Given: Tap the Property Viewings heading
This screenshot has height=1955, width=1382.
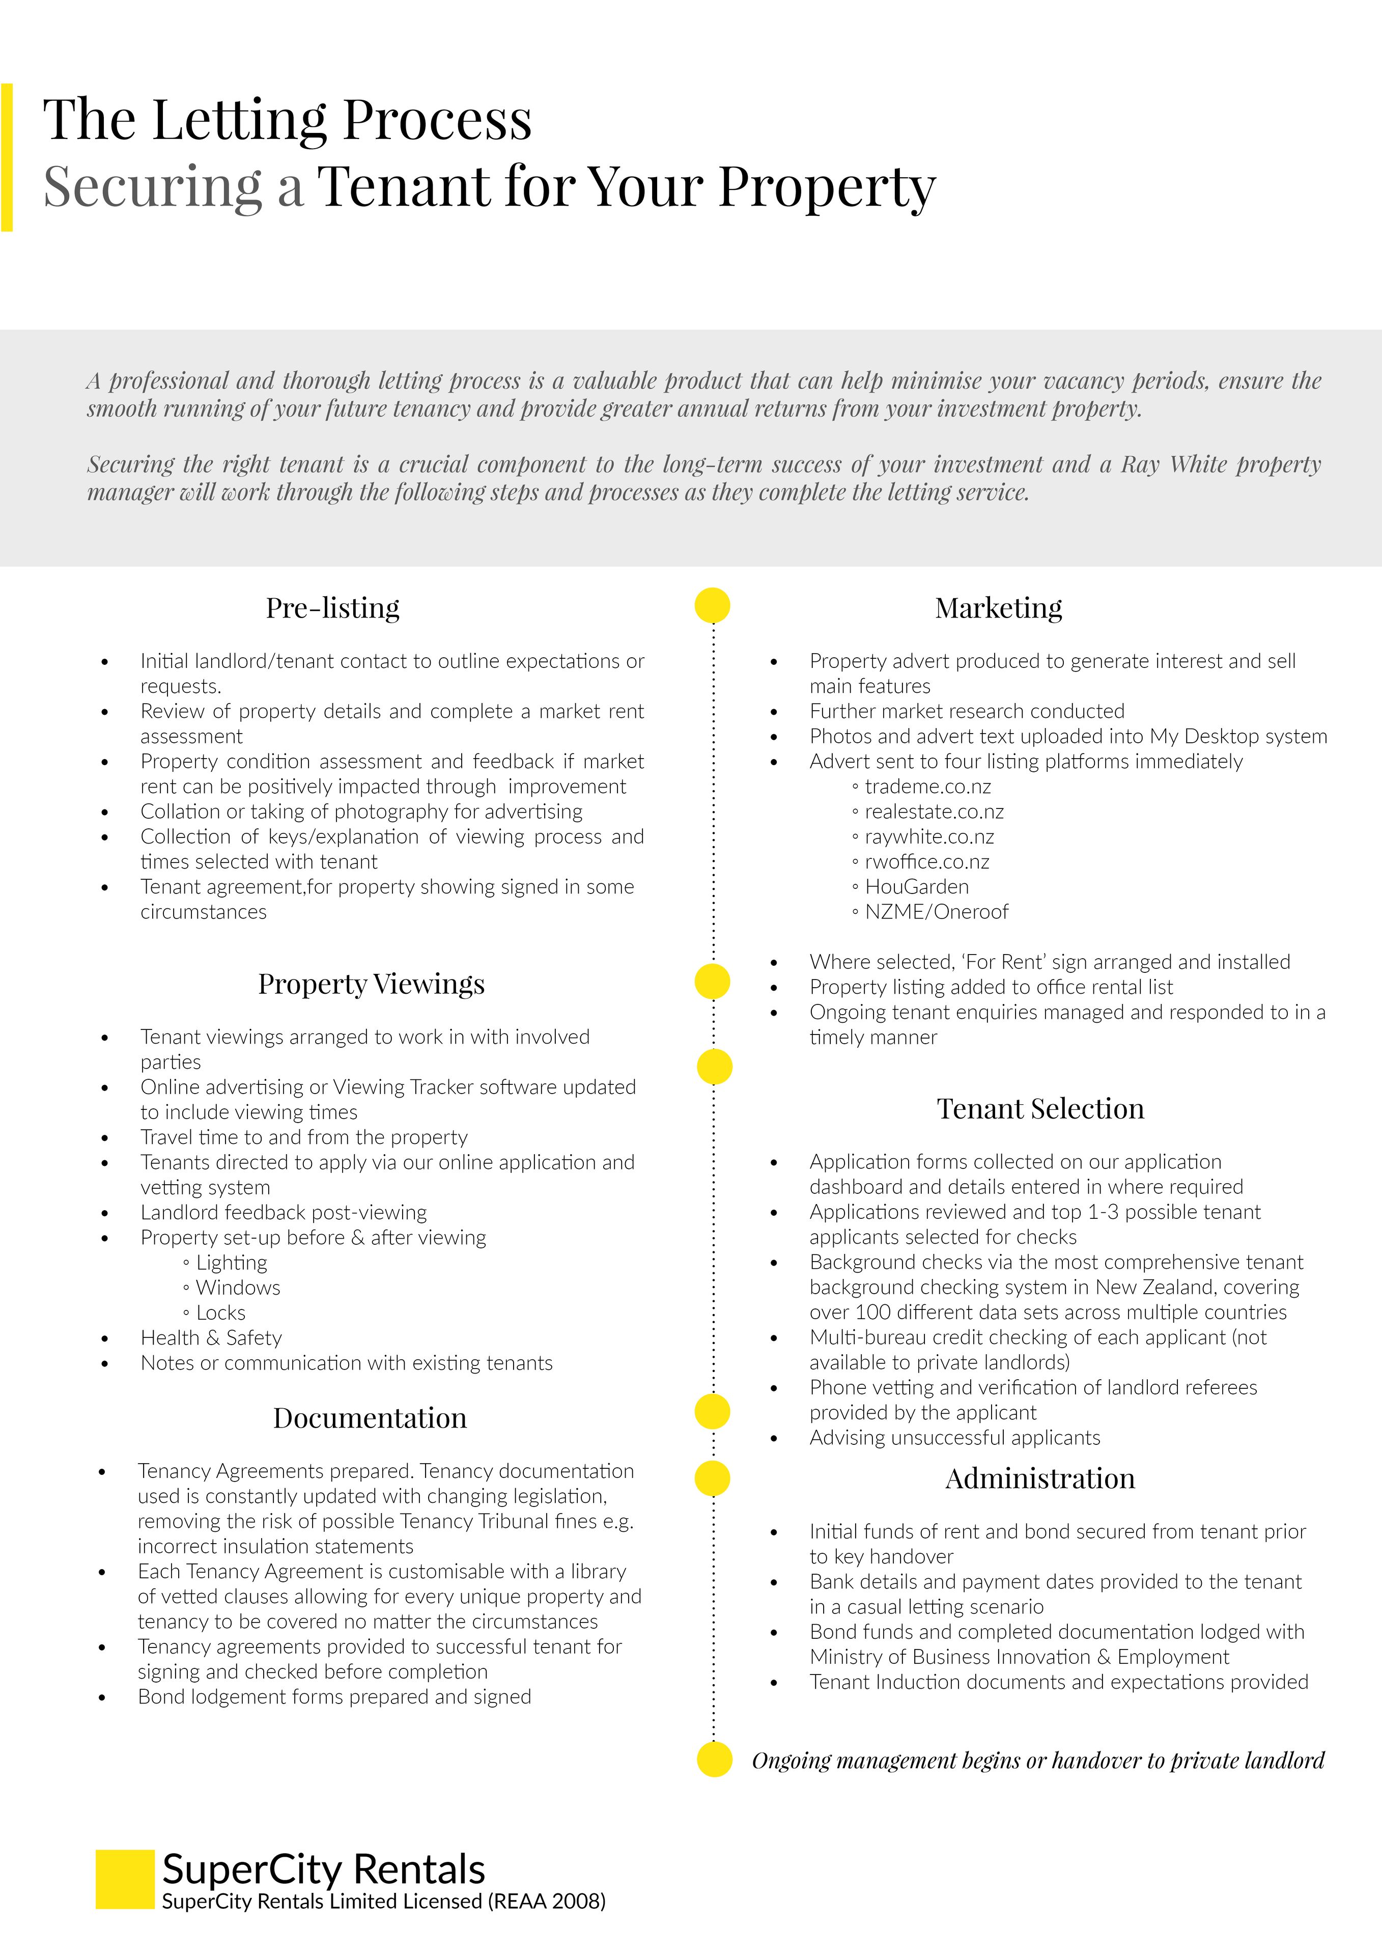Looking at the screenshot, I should coord(371,984).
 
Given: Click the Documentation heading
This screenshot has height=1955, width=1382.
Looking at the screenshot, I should coord(370,1418).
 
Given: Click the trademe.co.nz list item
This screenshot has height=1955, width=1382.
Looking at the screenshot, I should coord(927,786).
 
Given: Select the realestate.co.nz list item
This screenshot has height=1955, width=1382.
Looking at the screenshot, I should coord(934,812).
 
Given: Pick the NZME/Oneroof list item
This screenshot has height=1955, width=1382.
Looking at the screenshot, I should coord(936,912).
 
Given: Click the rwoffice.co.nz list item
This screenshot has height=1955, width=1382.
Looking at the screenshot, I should coord(926,862).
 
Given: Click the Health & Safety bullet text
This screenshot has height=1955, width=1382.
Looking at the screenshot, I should coord(211,1337).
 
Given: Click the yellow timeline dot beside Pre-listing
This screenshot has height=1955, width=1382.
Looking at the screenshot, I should coord(713,605).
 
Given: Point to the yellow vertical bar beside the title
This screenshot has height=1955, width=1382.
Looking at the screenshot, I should coord(7,157).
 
